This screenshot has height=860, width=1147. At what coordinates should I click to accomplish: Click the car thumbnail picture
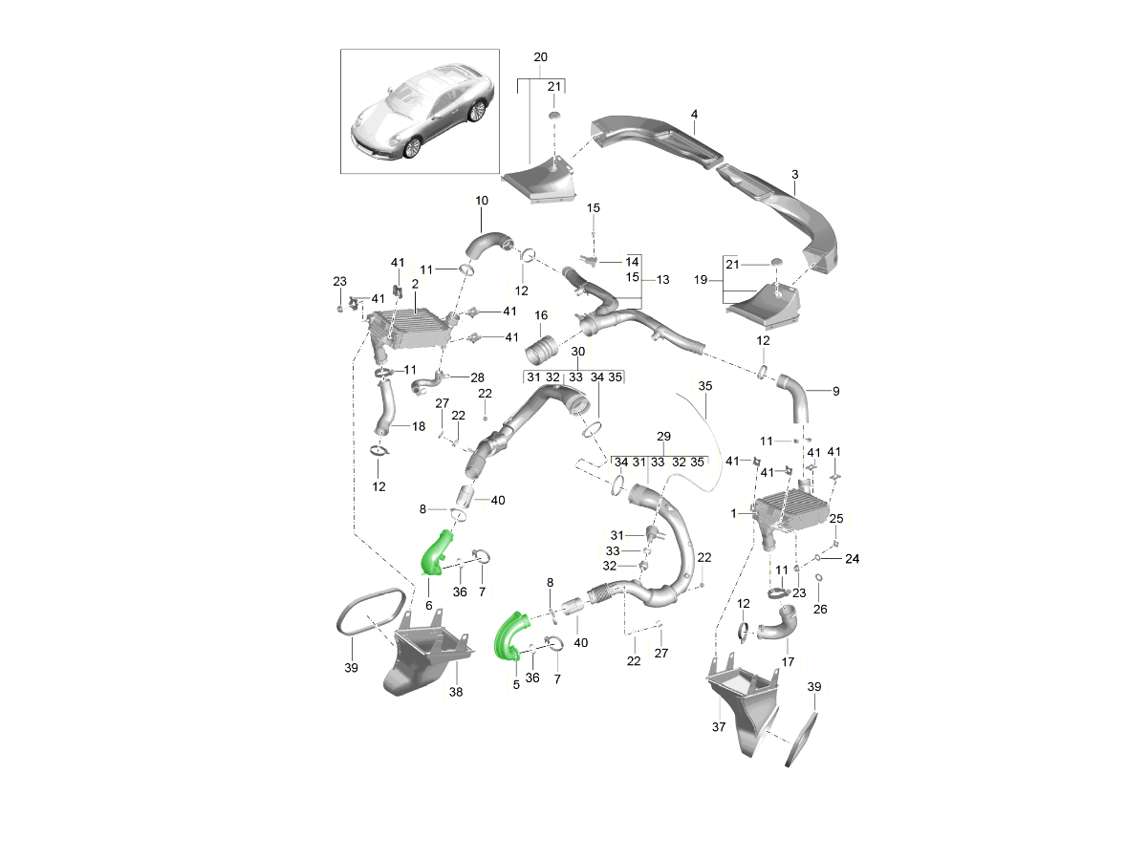421,112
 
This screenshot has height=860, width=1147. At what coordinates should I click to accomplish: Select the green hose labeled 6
438,554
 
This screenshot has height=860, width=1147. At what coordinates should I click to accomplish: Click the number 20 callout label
541,57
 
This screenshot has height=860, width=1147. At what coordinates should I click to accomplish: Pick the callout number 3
794,175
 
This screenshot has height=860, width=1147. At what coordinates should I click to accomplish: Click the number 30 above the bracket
577,352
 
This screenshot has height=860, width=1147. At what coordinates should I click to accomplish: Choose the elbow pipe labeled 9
795,398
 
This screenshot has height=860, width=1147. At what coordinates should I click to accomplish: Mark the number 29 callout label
664,436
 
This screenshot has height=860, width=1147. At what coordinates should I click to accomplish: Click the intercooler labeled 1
790,512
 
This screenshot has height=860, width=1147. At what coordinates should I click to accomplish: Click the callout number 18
419,425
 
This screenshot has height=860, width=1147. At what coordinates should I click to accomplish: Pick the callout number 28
478,377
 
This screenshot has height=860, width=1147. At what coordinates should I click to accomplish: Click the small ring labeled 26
819,578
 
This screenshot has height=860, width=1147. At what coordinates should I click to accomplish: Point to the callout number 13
662,280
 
